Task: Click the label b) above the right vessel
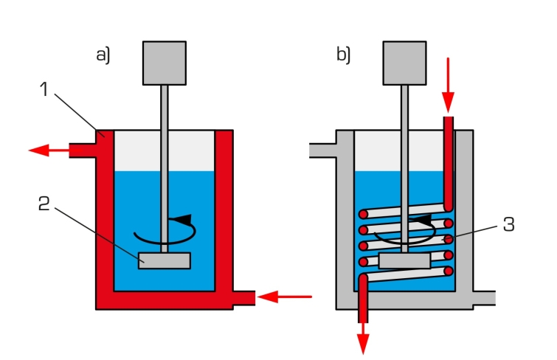[344, 55]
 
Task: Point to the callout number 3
[510, 226]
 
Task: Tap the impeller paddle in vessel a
[165, 260]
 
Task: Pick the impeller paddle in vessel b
[404, 260]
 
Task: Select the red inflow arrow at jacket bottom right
[288, 297]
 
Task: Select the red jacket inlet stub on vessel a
[243, 297]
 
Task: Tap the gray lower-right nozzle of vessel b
[484, 297]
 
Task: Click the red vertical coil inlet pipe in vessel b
[448, 162]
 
